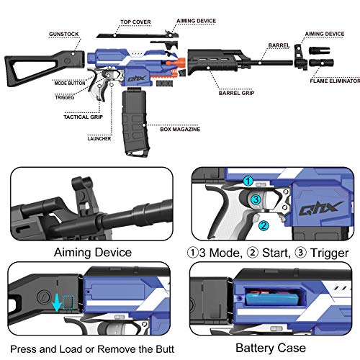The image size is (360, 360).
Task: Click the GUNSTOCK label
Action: click(64, 35)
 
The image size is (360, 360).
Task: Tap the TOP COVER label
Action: click(135, 22)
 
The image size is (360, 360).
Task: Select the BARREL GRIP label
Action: click(236, 93)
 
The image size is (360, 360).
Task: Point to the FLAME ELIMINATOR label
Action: click(335, 81)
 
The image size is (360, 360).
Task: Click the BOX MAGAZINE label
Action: click(180, 130)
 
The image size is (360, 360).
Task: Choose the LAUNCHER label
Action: click(99, 139)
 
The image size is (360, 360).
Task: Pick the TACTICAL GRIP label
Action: click(83, 117)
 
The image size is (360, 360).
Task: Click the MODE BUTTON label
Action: click(70, 84)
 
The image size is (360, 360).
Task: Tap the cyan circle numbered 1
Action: click(248, 181)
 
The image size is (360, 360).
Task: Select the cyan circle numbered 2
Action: click(264, 225)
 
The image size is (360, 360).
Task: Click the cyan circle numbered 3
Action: click(256, 199)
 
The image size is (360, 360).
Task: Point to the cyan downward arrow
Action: click(57, 303)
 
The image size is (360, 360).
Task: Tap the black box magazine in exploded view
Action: click(135, 122)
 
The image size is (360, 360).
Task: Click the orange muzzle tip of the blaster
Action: click(176, 63)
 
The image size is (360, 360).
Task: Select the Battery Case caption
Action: click(271, 348)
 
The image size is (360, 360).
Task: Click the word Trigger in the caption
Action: click(329, 253)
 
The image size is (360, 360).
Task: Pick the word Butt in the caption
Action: click(165, 349)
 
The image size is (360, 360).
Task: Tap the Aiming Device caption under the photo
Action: click(93, 253)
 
